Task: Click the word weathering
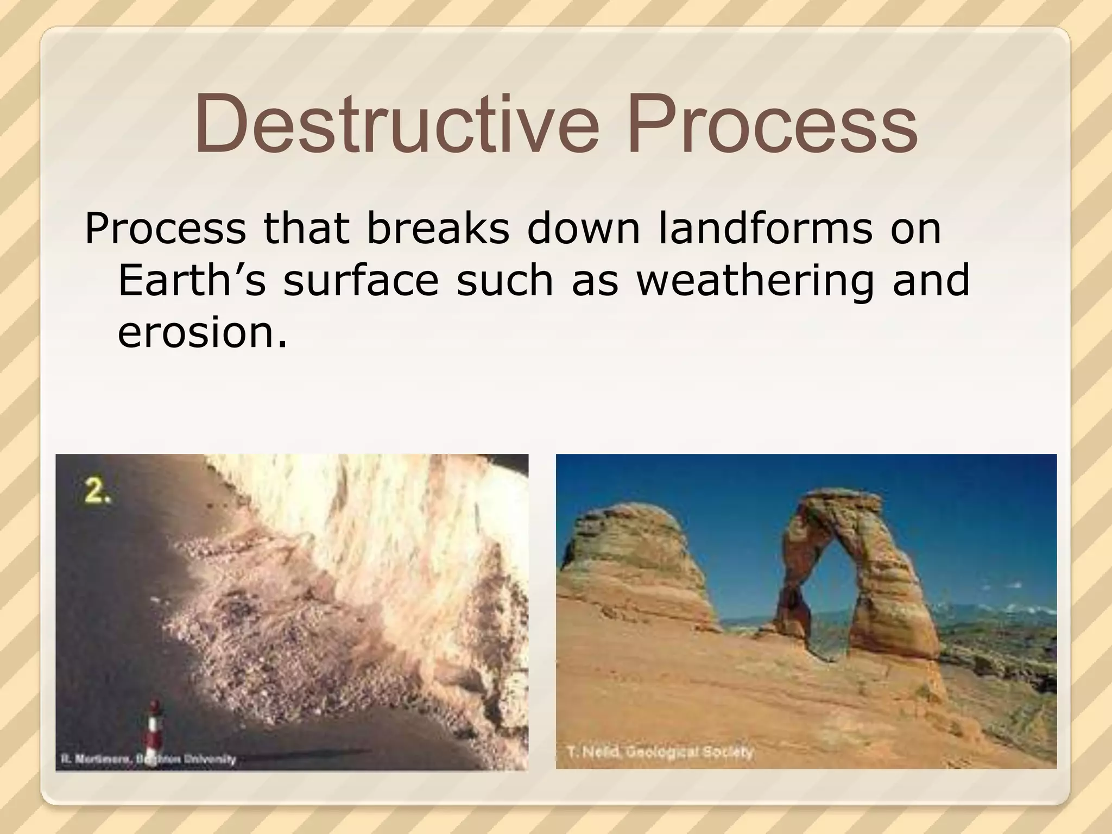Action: [x=755, y=280]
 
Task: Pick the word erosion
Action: [x=201, y=332]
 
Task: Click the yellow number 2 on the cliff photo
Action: [x=98, y=492]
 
